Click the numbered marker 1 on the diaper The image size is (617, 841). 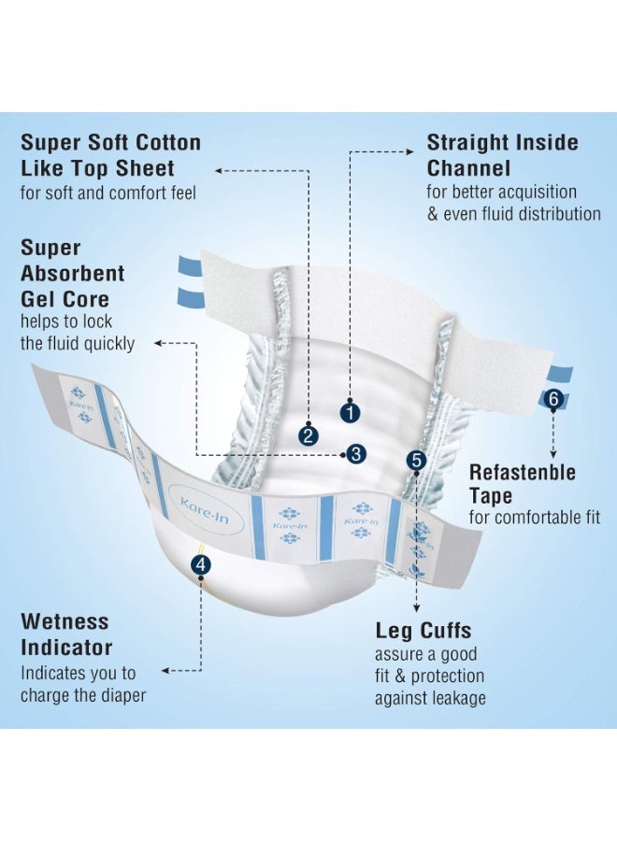click(350, 413)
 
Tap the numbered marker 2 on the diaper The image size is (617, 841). click(308, 435)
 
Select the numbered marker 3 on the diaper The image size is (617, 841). click(356, 454)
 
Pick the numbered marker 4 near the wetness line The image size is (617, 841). click(201, 564)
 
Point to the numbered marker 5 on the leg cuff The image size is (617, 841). click(416, 460)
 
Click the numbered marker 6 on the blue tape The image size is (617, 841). click(553, 399)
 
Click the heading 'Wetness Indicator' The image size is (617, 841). click(66, 634)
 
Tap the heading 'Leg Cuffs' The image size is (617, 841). click(423, 630)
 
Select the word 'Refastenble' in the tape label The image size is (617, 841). click(522, 473)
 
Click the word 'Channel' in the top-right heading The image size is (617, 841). click(468, 168)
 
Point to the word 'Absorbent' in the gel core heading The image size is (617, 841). click(72, 274)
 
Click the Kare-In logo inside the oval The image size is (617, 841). click(205, 510)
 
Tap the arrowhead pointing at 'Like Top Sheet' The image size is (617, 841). click(219, 171)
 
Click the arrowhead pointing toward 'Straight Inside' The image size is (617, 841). click(409, 151)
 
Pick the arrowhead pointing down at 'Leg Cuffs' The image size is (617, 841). click(417, 607)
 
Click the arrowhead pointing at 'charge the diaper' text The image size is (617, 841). click(165, 670)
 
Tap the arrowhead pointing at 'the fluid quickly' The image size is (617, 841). click(158, 343)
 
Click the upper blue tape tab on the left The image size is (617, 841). click(190, 265)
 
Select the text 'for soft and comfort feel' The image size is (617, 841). click(108, 192)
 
